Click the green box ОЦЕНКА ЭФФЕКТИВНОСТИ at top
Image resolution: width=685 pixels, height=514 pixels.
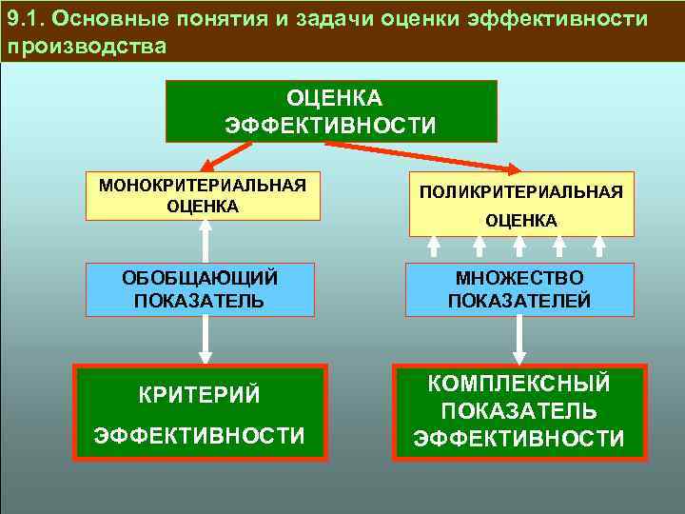[x=331, y=110]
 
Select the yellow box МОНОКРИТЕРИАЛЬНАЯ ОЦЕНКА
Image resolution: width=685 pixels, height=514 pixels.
[x=202, y=195]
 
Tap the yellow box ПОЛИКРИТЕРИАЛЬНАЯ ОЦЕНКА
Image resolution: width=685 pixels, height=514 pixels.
[x=521, y=205]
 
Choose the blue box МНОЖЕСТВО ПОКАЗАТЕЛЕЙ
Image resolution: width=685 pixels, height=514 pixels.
[x=519, y=289]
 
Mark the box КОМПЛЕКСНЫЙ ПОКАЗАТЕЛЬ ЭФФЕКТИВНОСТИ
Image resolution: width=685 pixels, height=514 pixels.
[x=519, y=412]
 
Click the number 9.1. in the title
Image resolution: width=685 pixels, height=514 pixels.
[x=28, y=19]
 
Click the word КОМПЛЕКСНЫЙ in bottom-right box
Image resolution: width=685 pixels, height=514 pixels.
[x=519, y=385]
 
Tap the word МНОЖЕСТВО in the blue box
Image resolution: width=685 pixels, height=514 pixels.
[x=519, y=278]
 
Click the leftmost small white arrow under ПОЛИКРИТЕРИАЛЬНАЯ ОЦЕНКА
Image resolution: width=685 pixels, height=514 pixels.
[x=434, y=247]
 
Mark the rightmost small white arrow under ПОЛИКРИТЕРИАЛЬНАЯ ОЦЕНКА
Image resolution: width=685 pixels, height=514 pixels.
[x=599, y=247]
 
